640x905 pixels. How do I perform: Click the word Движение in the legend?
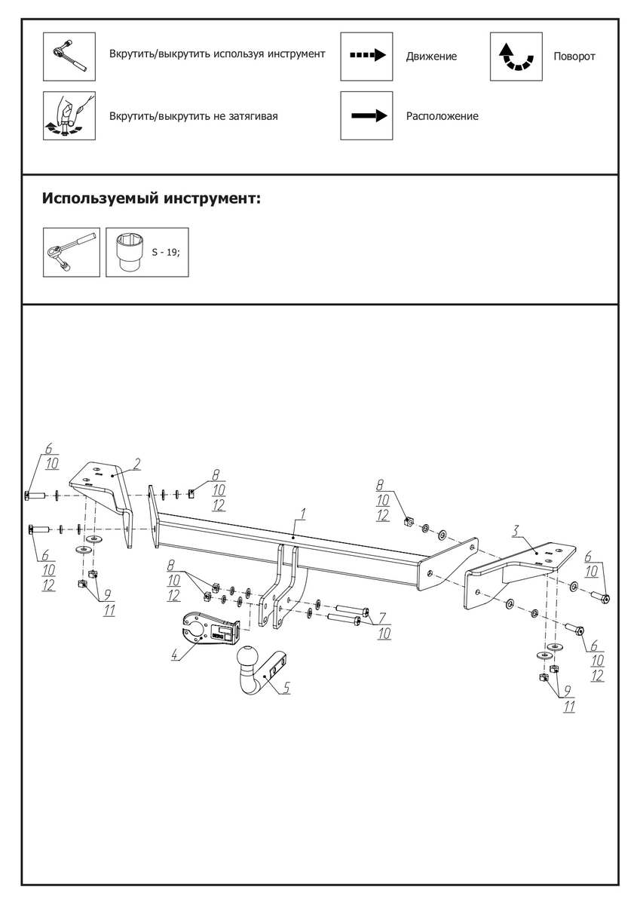tap(431, 57)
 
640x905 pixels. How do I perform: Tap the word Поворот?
tap(574, 57)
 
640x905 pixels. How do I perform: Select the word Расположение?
tap(442, 116)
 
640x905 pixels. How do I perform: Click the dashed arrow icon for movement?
tap(366, 56)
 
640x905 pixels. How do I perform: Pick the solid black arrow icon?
tap(366, 115)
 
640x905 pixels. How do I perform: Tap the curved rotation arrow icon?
tap(516, 57)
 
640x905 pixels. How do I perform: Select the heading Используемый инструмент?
tap(152, 199)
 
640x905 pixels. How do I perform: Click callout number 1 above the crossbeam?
tap(302, 514)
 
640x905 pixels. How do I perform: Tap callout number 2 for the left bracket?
tap(138, 462)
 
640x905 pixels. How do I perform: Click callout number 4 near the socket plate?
tap(175, 655)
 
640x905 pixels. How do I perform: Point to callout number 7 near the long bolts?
tap(382, 618)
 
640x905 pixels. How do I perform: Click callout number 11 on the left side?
tap(109, 610)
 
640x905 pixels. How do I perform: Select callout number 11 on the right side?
tap(569, 707)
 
